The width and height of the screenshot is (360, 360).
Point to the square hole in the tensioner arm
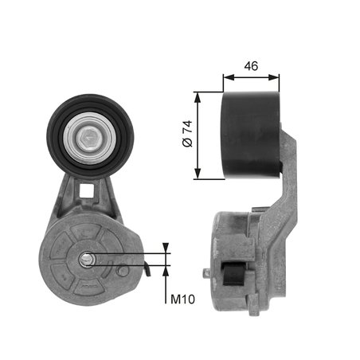click(89, 192)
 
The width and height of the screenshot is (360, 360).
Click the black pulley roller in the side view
click(251, 134)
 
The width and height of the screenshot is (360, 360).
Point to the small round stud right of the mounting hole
click(122, 271)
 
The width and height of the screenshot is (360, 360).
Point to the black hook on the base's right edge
click(147, 272)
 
